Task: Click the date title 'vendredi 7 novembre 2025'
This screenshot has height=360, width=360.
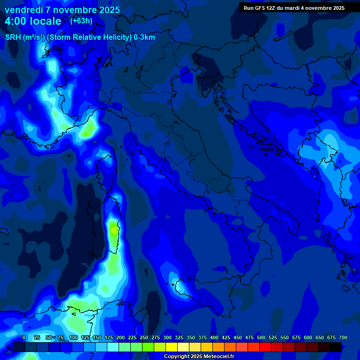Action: point(62,10)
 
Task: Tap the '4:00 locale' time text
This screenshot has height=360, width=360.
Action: point(33,21)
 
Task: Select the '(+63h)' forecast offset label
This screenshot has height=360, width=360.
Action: point(81,21)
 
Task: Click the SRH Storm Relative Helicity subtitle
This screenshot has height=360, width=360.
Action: point(80,37)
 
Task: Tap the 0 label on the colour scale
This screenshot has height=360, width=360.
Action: point(24,337)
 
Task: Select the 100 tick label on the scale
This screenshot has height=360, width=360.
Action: point(73,337)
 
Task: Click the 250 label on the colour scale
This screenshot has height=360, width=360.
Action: point(143,337)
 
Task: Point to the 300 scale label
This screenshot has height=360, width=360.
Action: point(167,337)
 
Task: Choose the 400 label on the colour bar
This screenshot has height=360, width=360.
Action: point(214,337)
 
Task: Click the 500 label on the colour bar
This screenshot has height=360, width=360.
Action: point(261,337)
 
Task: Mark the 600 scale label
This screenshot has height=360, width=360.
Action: point(308,337)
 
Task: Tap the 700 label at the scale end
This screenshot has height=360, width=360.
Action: point(343,337)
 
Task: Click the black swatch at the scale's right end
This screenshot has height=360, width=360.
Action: point(336,347)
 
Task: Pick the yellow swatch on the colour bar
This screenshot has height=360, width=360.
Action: point(172,347)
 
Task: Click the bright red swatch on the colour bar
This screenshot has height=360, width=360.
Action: point(265,347)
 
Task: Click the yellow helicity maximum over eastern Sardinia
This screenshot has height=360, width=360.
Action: point(113,230)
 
